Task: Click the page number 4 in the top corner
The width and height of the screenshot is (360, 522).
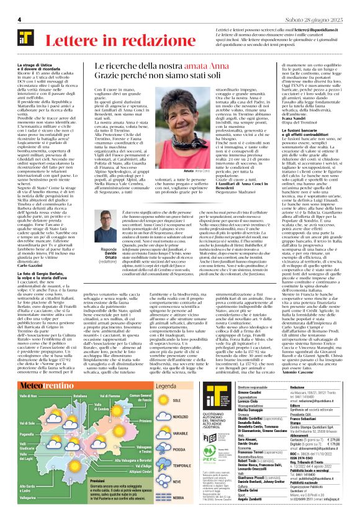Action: pos(20,20)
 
